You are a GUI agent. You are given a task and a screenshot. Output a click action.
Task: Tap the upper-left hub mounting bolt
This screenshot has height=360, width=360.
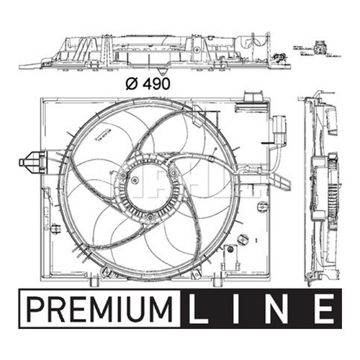(x=124, y=174)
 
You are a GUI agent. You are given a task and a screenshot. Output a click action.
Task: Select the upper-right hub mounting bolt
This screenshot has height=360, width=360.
(x=174, y=171)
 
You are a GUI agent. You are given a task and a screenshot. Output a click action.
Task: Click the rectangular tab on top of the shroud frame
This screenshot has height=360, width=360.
(x=253, y=96)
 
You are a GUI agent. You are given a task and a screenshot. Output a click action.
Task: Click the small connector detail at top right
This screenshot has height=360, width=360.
(x=319, y=50)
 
